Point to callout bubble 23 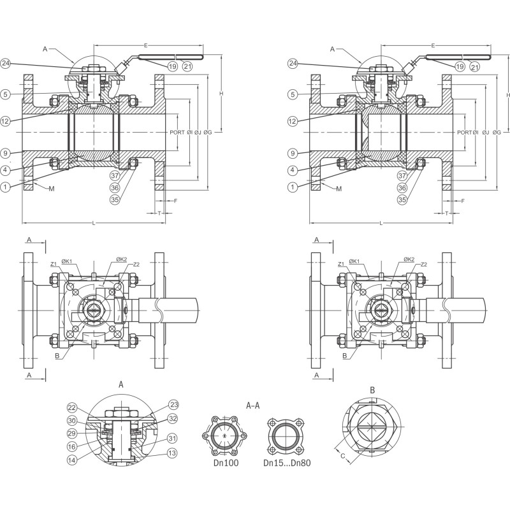[173, 404]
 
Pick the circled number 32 [173, 419]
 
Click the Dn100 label [226, 463]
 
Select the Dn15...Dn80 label [287, 463]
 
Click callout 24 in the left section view [6, 63]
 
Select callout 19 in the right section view [459, 66]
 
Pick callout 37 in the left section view [115, 175]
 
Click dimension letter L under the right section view [381, 223]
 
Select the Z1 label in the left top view [54, 264]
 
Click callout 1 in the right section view [293, 187]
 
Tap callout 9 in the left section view [6, 153]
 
